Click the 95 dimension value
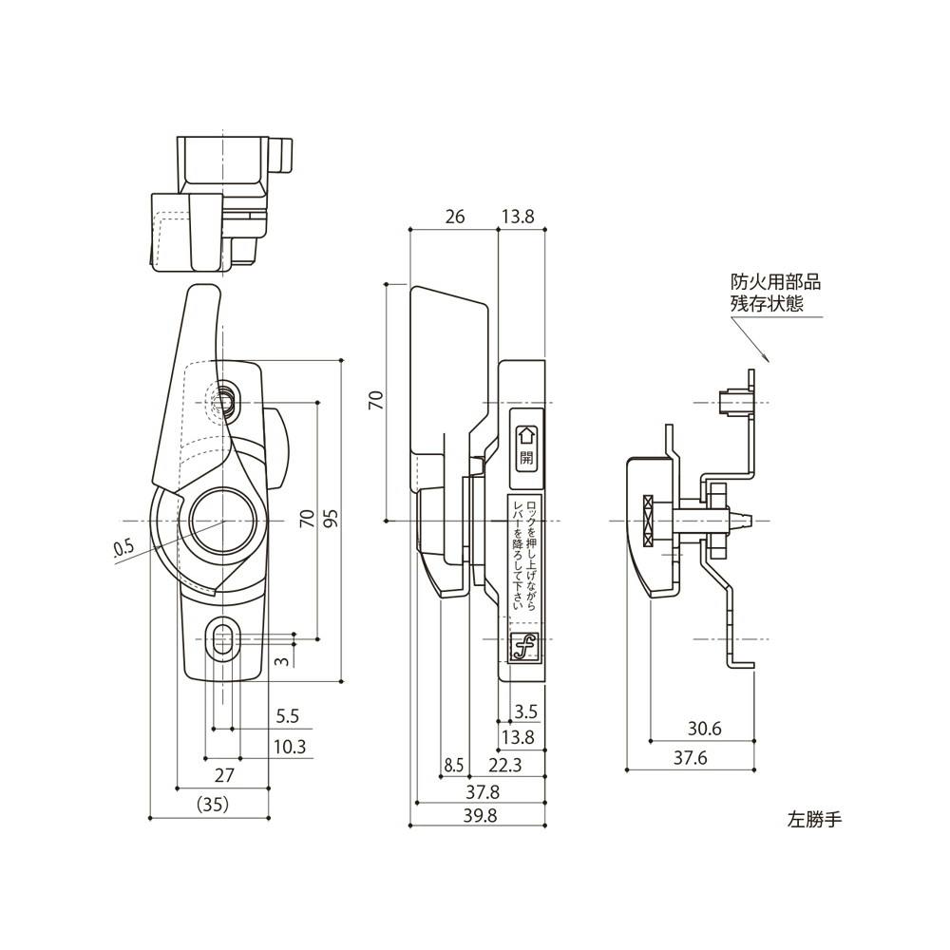(330, 519)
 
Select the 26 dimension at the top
(454, 218)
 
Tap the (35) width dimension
(213, 804)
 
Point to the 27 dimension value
(224, 774)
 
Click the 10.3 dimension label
(289, 747)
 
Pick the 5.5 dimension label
(287, 716)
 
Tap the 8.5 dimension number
(453, 765)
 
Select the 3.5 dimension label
(525, 711)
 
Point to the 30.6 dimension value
(704, 729)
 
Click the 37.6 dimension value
(692, 757)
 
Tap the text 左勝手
(814, 816)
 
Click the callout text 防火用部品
(774, 282)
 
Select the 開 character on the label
(526, 457)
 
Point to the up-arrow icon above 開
(526, 436)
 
